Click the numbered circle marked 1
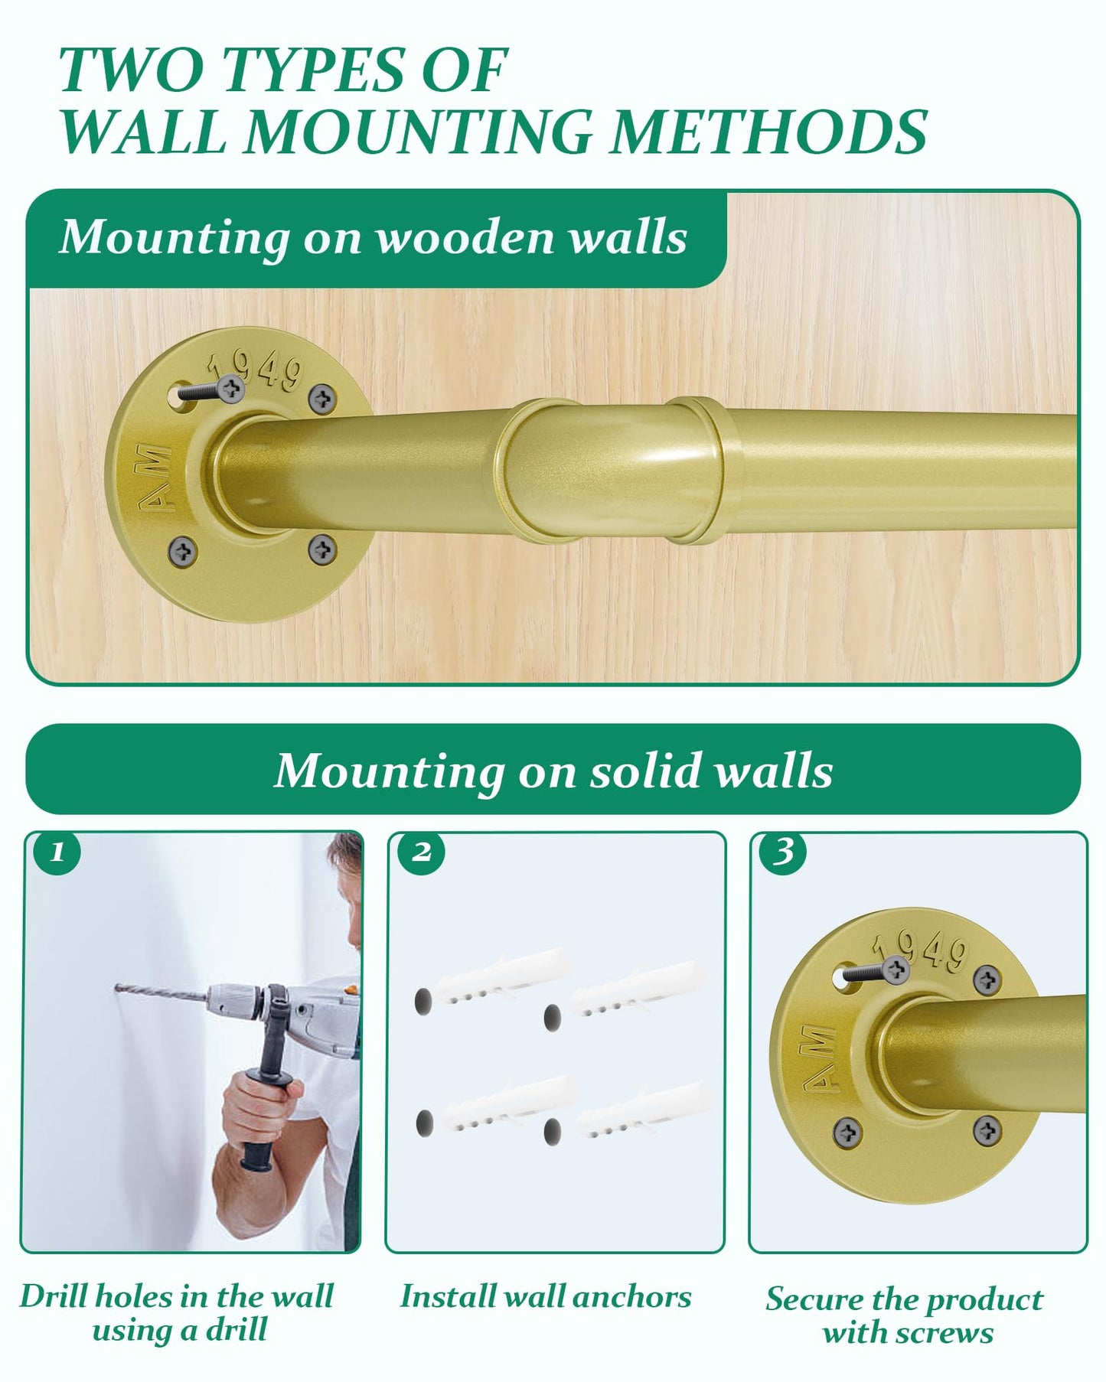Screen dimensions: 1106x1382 [57, 852]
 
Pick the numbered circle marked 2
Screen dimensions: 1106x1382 [420, 852]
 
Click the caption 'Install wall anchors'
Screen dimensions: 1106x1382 [546, 1296]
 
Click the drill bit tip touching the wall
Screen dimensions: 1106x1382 [117, 988]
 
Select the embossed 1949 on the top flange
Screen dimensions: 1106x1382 [256, 368]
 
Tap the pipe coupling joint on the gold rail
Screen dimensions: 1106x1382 [618, 471]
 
